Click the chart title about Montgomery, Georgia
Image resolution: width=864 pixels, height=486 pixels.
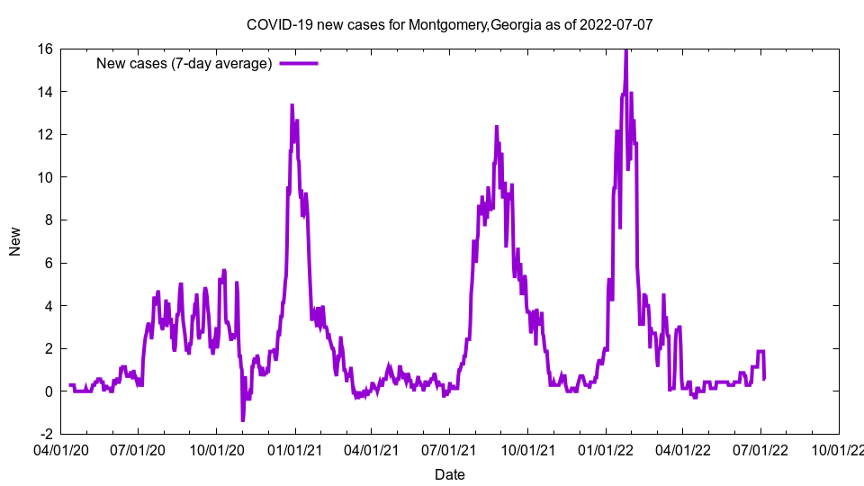pyautogui.click(x=449, y=24)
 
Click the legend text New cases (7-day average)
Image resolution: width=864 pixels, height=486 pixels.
pyautogui.click(x=184, y=63)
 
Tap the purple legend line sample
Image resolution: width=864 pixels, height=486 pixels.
pyautogui.click(x=299, y=63)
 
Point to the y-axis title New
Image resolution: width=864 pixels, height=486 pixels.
pyautogui.click(x=15, y=241)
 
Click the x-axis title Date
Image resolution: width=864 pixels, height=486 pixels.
pyautogui.click(x=449, y=474)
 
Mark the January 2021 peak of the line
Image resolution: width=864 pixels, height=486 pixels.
pyautogui.click(x=292, y=106)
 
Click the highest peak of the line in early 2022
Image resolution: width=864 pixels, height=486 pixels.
pyautogui.click(x=625, y=50)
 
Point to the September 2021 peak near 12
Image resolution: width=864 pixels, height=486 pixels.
pyautogui.click(x=496, y=127)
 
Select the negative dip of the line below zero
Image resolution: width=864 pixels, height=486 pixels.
pyautogui.click(x=242, y=419)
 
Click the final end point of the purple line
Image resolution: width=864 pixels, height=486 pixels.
pyautogui.click(x=764, y=378)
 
